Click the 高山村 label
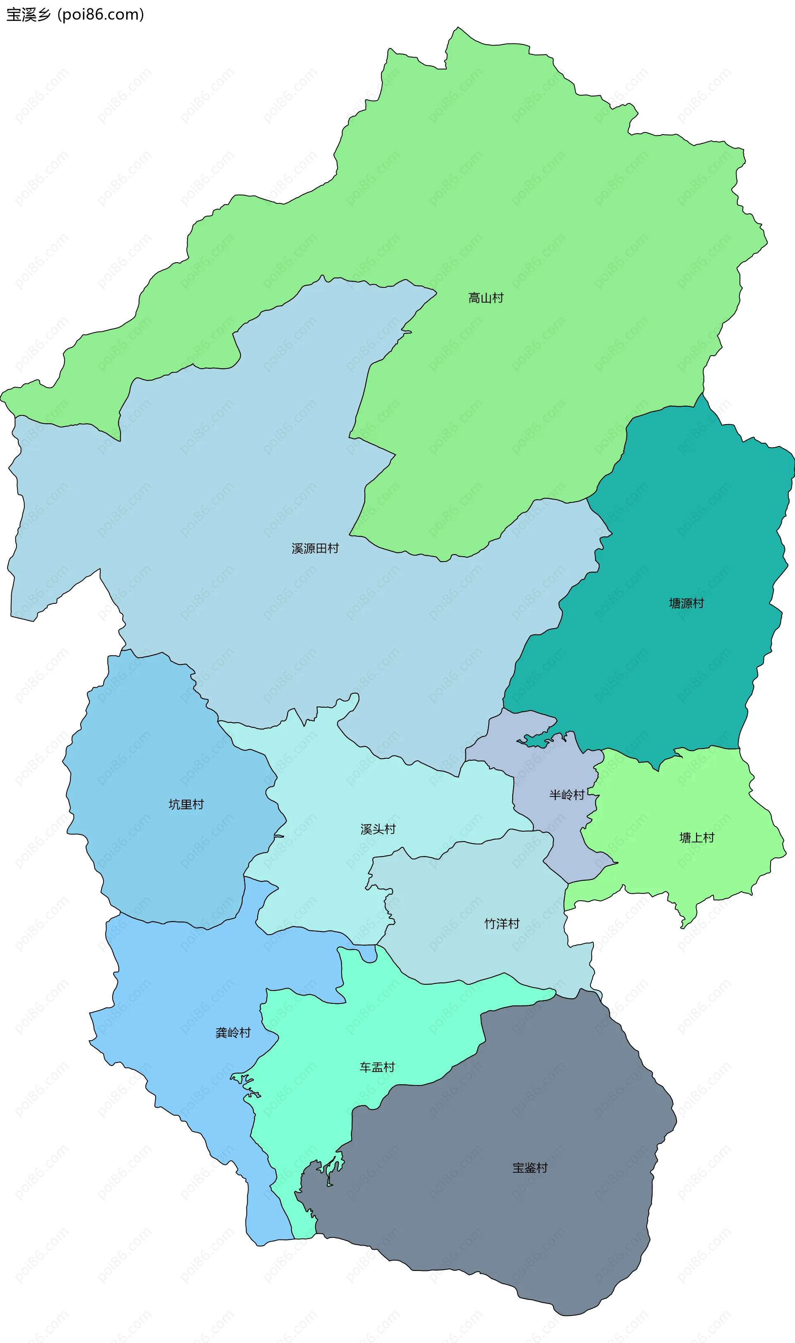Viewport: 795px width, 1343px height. pos(485,298)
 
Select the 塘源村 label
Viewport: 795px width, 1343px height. pos(686,603)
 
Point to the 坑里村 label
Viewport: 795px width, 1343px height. pos(186,804)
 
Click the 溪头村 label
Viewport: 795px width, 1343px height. pos(378,829)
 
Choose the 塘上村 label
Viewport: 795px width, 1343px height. pos(696,837)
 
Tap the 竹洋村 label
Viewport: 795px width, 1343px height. pos(501,923)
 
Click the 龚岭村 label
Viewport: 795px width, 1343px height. pos(233,1033)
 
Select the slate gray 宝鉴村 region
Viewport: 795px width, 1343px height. pos(509,1232)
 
